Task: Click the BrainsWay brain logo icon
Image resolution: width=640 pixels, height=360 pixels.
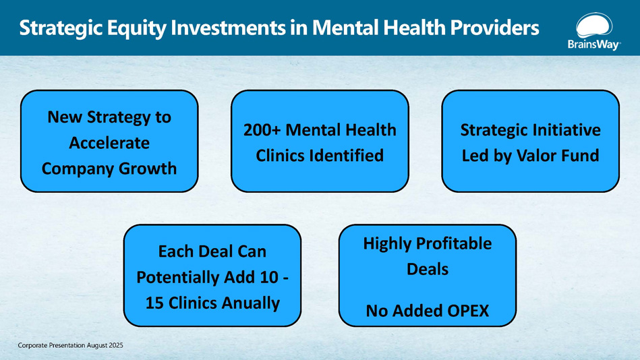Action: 594,25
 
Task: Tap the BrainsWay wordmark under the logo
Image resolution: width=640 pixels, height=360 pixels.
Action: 594,44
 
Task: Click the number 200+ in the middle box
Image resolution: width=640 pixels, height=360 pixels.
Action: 262,130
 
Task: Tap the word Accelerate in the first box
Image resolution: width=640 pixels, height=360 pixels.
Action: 109,143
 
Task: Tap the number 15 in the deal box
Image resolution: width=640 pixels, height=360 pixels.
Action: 154,303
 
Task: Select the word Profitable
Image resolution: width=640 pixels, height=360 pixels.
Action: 454,243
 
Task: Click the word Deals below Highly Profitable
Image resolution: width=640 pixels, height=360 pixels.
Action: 428,270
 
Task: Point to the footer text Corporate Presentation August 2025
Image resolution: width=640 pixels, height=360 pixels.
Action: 70,345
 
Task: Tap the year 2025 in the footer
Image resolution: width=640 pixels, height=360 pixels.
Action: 116,345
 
